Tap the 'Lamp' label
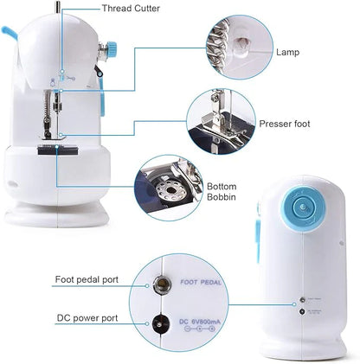click(x=288, y=52)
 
